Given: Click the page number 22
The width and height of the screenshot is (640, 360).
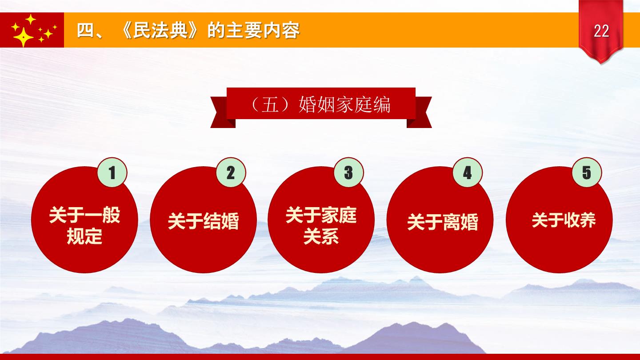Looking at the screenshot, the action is click(601, 31).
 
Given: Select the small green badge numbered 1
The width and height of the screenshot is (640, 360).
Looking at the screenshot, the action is click(112, 172).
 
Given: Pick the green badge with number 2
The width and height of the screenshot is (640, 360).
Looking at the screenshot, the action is click(231, 172).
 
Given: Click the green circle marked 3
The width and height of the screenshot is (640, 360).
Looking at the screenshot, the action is click(349, 172).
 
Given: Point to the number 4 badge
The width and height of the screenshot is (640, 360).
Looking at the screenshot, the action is click(468, 172).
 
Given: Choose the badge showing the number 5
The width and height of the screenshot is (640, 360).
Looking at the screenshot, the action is click(587, 172).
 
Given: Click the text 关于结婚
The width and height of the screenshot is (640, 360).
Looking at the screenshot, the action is click(203, 221).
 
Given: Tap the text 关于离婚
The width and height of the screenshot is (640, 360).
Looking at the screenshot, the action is click(443, 222).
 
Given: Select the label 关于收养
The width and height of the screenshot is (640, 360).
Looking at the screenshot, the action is click(564, 220).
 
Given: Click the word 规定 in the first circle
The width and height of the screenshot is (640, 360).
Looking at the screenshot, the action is click(84, 236).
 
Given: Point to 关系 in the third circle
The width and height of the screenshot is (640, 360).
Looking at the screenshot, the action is click(321, 236).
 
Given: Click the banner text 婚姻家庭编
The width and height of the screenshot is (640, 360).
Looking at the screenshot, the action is click(344, 105).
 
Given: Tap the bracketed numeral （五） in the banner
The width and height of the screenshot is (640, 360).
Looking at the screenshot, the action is click(270, 105).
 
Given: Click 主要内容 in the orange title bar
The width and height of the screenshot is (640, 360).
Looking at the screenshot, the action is click(263, 30).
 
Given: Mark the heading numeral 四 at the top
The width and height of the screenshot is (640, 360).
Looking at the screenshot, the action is click(86, 30).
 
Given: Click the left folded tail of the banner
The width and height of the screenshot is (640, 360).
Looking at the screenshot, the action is click(223, 112).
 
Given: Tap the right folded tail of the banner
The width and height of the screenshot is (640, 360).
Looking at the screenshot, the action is click(419, 112).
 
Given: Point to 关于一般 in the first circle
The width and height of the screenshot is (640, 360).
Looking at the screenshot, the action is click(84, 215).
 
